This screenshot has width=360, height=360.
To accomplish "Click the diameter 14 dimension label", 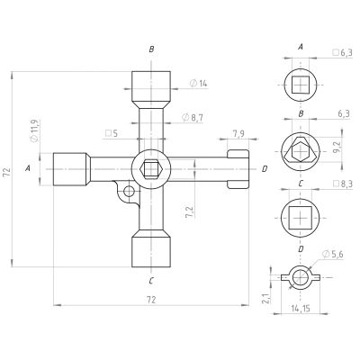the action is pos(199,84).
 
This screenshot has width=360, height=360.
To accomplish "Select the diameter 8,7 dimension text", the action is pos(193,118).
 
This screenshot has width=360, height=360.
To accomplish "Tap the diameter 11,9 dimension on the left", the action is pos(34,130).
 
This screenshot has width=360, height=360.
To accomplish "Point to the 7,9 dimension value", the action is pos(238,134).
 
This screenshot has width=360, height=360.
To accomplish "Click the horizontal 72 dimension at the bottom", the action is pos(151,300).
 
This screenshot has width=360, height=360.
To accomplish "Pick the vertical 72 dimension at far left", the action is pos(7,172).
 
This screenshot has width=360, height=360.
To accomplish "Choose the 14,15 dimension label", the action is pos(301,308).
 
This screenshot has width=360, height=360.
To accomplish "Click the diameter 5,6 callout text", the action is pos(332,255).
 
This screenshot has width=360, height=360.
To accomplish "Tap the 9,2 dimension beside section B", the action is pos(337,147).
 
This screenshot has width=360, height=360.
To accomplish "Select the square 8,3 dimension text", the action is pos(342,184).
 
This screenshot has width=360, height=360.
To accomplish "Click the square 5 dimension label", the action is pos(111,133).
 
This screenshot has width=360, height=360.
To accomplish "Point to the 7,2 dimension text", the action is pos(190,212).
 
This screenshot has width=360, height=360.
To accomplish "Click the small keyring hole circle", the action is pos(129,191).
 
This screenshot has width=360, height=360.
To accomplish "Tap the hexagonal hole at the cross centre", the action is pos(151,169).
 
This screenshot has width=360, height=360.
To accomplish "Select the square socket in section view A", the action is pos(301,85).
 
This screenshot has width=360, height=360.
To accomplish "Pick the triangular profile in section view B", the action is pos(301,150).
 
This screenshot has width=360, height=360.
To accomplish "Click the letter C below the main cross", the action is pos(151,281).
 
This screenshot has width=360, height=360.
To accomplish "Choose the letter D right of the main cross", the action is pos(265,169).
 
